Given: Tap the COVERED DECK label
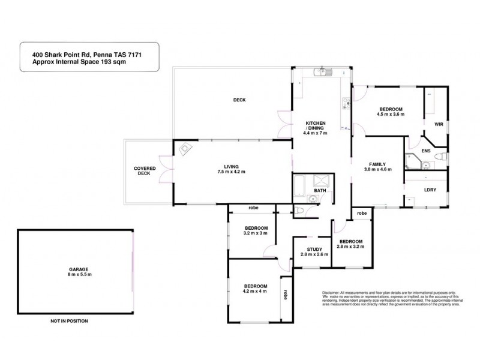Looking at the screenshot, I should [145, 171].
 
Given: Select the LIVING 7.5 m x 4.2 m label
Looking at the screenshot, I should [232, 169].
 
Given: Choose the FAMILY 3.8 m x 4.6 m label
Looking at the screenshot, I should [378, 167].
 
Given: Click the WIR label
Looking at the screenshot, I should [439, 124].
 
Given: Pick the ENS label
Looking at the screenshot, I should [427, 152].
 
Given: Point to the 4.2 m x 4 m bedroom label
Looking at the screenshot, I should [256, 289].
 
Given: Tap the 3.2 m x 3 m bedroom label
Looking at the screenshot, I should [256, 231].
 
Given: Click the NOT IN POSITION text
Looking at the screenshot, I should [69, 321].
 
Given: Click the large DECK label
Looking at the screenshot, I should [239, 100].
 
